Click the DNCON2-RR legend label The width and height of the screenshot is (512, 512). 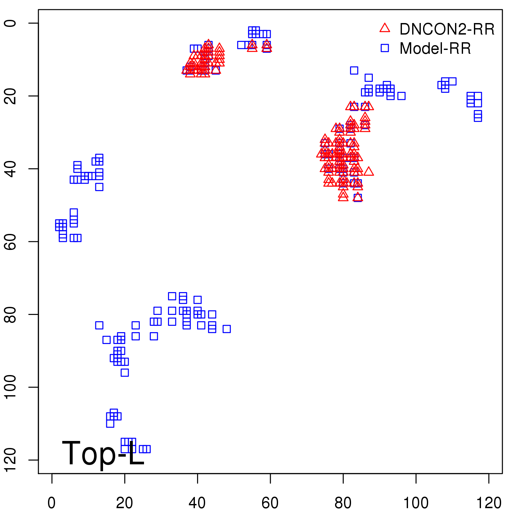447,29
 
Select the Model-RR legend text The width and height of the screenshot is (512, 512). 435,49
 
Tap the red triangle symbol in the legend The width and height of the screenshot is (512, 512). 385,28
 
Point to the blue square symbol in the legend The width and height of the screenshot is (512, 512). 385,48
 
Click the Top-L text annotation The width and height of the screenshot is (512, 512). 103,453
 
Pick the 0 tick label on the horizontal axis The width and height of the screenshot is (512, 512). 52,503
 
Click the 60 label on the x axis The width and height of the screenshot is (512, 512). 270,503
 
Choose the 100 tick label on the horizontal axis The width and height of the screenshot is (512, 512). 416,503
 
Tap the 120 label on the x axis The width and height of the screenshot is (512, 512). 489,503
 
